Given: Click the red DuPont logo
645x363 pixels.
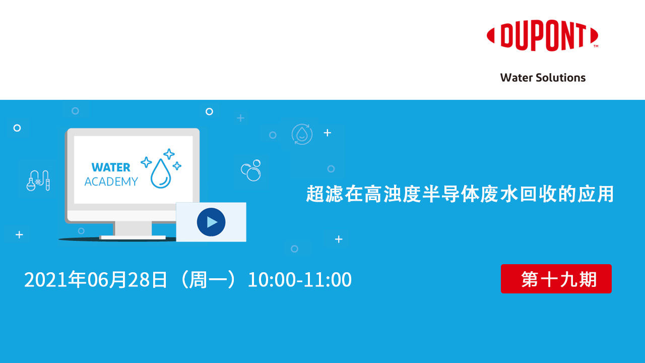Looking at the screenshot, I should [x=542, y=36].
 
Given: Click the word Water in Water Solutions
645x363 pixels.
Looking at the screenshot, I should [x=515, y=78].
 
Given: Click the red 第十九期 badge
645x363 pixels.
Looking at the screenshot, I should [x=556, y=279].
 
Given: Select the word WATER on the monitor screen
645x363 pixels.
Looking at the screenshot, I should [x=111, y=167].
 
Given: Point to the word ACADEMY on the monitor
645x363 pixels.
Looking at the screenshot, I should [x=111, y=182].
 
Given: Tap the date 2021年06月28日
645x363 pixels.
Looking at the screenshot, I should [x=96, y=280].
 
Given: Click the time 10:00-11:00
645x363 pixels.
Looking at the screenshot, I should [x=299, y=280].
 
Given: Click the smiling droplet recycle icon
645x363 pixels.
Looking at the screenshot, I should [x=302, y=135].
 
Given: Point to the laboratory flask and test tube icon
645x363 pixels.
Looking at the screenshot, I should [x=38, y=180].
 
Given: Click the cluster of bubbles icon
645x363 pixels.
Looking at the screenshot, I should [x=251, y=170].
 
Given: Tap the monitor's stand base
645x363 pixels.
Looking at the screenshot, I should [x=133, y=237].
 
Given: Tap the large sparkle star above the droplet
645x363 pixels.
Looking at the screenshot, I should [x=169, y=154].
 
